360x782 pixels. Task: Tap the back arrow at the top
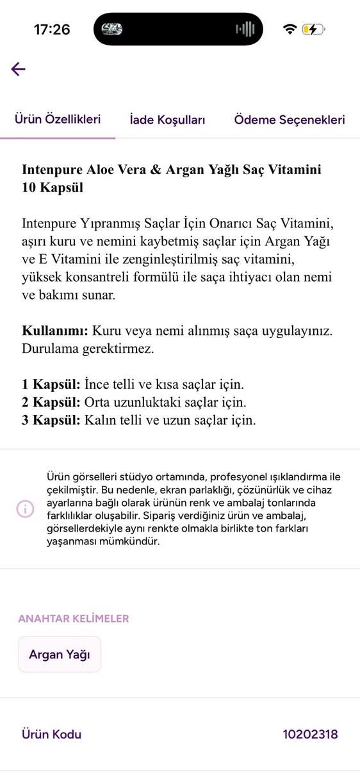18,69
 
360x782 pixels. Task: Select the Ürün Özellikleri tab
58,120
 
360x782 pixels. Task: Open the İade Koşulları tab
167,120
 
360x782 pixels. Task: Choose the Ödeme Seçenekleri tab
290,120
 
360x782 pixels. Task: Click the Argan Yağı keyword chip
60,655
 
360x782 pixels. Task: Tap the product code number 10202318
310,735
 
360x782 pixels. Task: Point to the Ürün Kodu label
52,735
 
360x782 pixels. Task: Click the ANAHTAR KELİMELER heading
74,619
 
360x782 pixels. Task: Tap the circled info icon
25,509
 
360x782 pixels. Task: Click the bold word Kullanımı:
54,332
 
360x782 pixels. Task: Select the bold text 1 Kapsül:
51,385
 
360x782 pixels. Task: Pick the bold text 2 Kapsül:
51,403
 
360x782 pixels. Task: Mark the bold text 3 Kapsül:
51,421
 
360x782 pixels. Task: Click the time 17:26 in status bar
52,29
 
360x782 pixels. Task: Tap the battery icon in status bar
314,29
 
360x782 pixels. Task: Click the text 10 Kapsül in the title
53,188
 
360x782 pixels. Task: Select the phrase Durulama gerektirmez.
88,350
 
